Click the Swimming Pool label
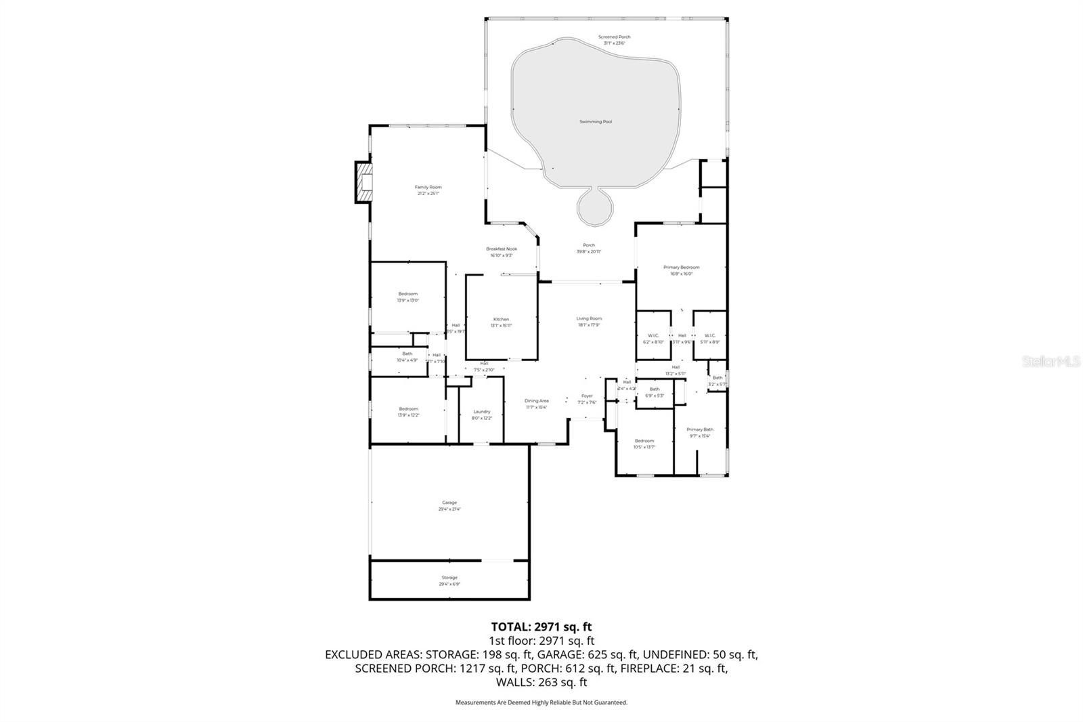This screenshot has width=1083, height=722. [x=596, y=122]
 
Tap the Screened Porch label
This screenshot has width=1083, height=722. [x=614, y=40]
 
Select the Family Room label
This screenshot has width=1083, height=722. [x=428, y=190]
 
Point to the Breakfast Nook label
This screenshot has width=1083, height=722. [x=501, y=252]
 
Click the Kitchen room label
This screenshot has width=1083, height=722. [x=501, y=322]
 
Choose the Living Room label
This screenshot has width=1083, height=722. [x=589, y=321]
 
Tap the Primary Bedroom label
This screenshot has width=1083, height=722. [x=681, y=270]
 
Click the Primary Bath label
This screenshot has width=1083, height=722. [x=699, y=432]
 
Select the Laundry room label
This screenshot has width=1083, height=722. [x=481, y=415]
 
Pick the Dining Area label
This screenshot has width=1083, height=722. [x=536, y=404]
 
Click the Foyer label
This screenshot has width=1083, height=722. [x=586, y=399]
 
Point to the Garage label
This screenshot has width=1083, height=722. [x=449, y=505]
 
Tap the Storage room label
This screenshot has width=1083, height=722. [x=449, y=580]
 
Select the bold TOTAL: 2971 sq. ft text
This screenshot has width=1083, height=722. [x=541, y=627]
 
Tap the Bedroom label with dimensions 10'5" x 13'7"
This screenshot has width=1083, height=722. [x=644, y=444]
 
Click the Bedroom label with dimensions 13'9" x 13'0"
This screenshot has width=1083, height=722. [x=407, y=297]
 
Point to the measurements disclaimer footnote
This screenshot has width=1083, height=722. [x=541, y=702]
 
